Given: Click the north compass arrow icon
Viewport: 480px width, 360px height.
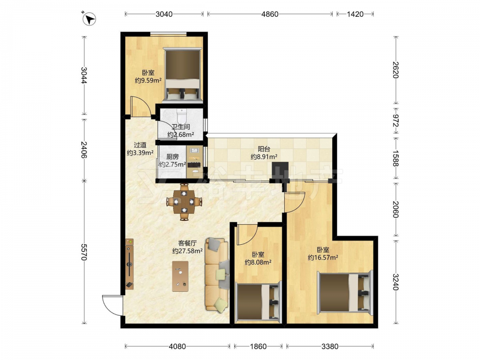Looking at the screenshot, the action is (x=89, y=19).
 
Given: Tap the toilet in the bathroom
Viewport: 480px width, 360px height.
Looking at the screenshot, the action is (x=181, y=116).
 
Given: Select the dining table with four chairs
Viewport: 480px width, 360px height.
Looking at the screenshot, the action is (x=184, y=202).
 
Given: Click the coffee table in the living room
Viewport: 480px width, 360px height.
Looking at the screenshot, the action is (x=180, y=276).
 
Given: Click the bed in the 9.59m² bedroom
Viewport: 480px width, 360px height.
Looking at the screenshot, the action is (x=183, y=74).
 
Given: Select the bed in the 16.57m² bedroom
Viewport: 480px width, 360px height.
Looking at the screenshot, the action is (x=345, y=293).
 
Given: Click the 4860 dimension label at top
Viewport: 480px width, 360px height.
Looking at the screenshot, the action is (x=270, y=14).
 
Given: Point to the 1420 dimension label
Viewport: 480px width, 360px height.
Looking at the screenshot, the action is (x=355, y=14).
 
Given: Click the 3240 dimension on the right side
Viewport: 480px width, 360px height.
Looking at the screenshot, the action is (x=396, y=282).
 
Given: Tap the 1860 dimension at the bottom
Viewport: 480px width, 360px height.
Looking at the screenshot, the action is (x=258, y=347).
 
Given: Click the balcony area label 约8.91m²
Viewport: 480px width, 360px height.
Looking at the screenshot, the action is (x=264, y=157).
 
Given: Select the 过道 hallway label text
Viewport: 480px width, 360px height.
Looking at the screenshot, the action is (x=140, y=145).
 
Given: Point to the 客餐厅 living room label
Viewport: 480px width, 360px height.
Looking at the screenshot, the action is (x=187, y=243).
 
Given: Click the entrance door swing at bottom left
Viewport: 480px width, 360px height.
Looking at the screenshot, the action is (x=113, y=305).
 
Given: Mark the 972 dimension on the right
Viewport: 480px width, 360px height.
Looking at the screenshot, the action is (x=396, y=120).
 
